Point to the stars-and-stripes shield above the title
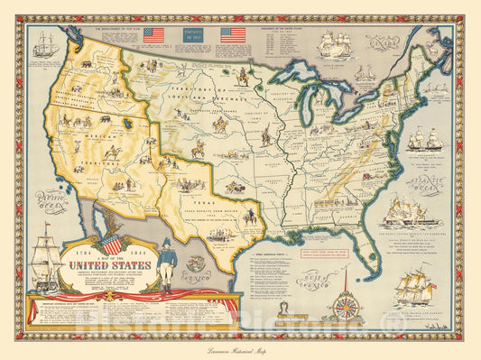point(112,245)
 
